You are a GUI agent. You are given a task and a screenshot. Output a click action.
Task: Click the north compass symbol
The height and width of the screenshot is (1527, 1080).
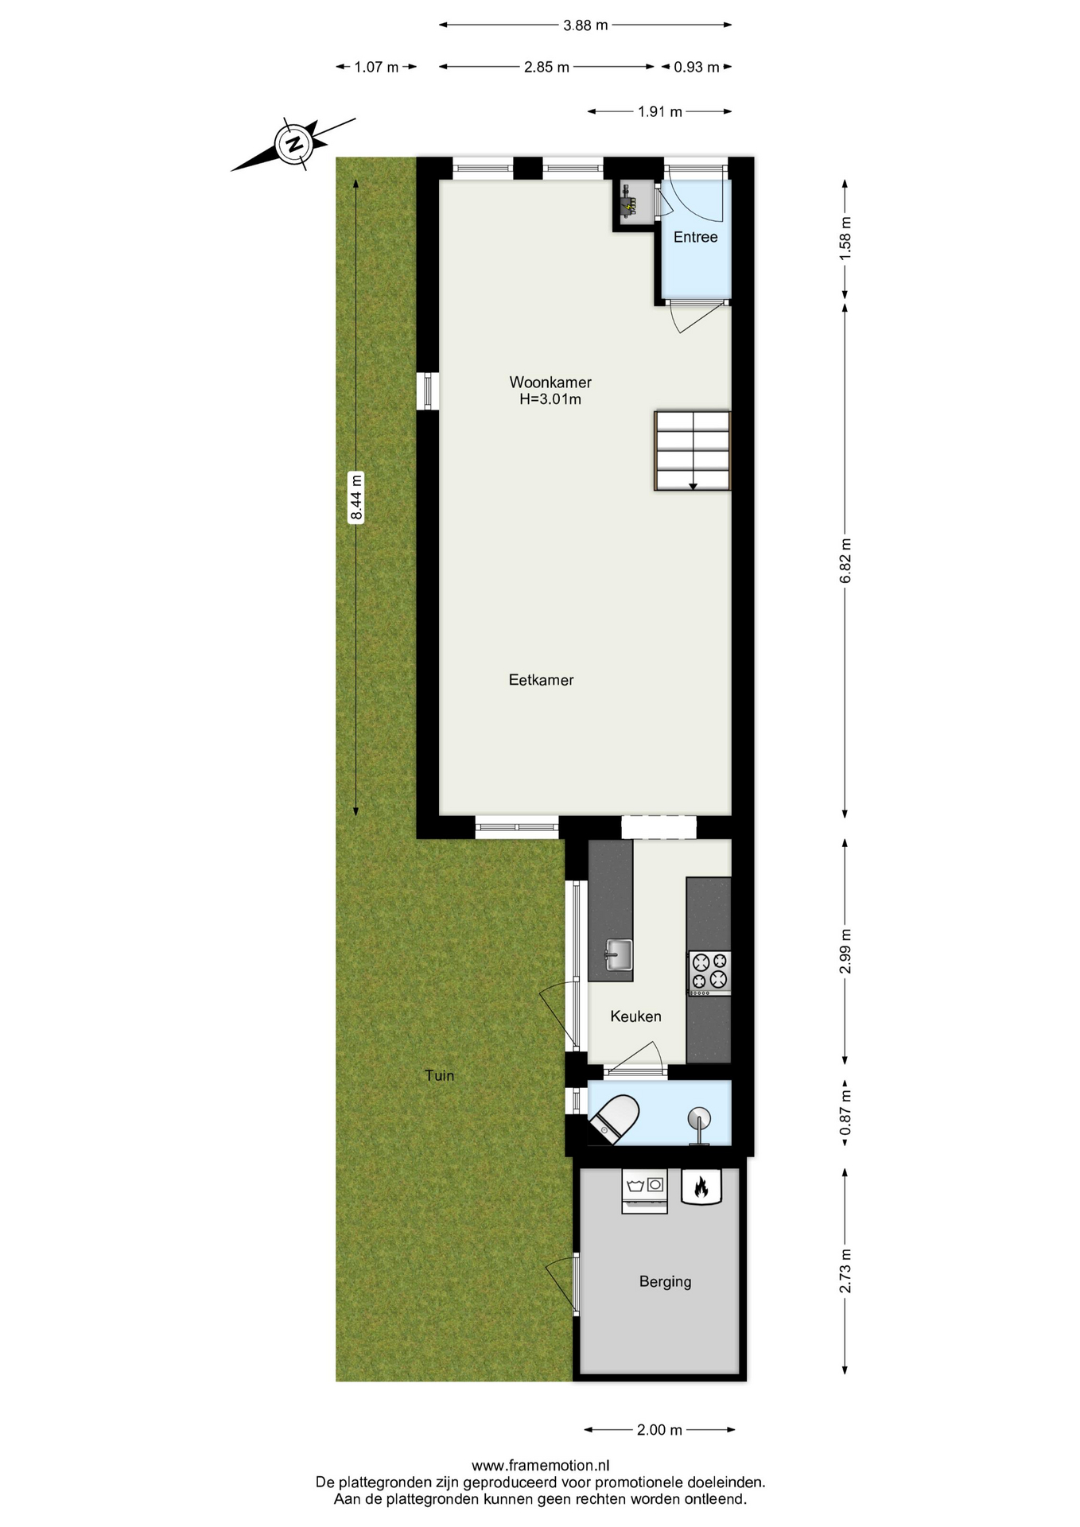294,144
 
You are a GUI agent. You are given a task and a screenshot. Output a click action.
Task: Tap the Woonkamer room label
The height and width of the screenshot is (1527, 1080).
550,382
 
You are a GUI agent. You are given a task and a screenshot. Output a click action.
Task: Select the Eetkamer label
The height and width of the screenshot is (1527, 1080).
541,680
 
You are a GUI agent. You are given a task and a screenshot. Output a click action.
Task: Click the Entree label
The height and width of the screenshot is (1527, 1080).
695,237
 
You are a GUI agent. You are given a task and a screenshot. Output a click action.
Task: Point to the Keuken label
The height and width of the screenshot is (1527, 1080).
635,1016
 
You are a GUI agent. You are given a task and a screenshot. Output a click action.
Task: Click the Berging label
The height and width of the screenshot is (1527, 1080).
665,1282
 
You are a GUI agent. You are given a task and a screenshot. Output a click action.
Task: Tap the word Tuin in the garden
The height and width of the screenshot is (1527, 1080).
439,1075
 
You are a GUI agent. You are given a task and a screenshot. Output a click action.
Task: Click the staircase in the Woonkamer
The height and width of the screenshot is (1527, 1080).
692,450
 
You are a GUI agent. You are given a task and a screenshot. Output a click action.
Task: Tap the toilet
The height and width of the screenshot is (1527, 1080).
616,1120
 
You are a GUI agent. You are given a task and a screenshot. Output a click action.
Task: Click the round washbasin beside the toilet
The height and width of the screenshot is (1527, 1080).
700,1118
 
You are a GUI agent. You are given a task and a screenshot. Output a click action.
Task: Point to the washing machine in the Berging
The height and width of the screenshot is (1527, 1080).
644,1191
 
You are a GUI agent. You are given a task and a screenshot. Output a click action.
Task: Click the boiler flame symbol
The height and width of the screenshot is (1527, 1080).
701,1187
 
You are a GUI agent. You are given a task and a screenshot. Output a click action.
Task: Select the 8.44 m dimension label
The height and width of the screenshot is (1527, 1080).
356,497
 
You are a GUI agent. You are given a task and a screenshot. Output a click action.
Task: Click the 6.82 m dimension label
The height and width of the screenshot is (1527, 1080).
845,561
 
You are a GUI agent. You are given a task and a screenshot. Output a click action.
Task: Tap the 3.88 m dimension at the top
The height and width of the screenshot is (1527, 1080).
585,25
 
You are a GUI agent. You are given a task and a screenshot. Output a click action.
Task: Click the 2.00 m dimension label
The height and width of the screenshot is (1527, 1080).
659,1430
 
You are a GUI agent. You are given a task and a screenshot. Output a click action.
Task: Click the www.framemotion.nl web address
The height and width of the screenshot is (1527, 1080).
541,1466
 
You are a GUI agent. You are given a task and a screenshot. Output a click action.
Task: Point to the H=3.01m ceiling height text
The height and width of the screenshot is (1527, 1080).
550,399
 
